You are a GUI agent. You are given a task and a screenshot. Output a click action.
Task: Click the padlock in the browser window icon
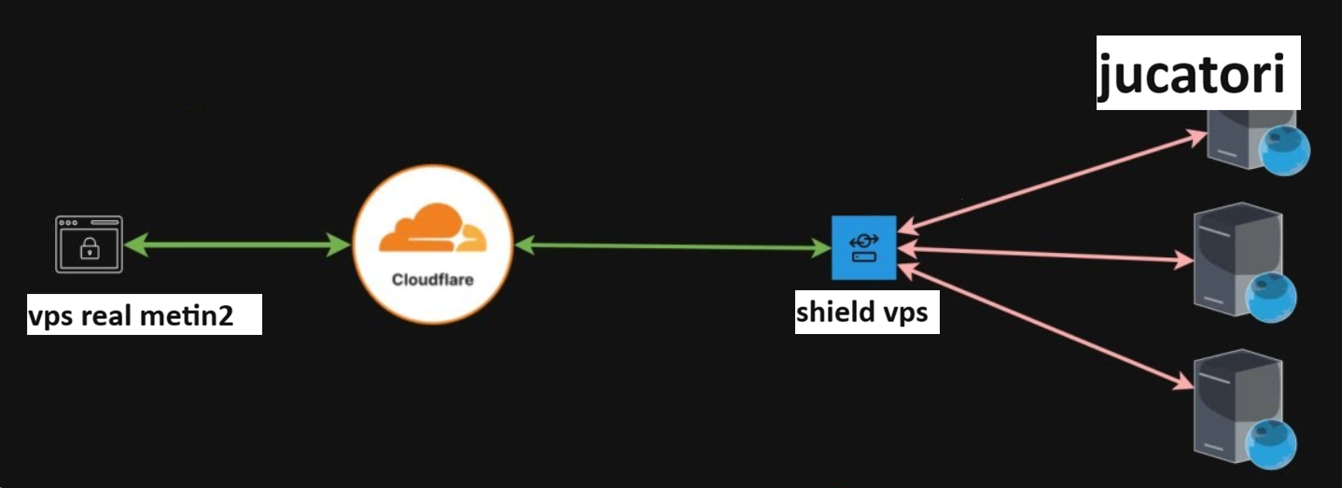pos(89,249)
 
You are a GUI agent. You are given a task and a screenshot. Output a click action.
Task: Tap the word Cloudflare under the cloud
pos(432,279)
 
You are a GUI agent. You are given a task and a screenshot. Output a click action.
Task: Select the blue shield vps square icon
pos(863,247)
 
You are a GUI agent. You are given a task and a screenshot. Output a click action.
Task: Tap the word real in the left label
pos(111,316)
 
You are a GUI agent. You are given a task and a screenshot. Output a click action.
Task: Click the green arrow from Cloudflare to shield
pos(672,246)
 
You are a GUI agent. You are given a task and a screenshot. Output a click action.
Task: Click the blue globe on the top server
pos(1285,149)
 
